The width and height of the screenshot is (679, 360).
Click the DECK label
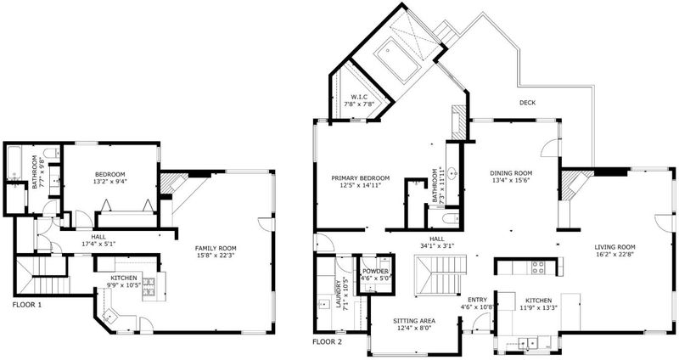click(x=527, y=103)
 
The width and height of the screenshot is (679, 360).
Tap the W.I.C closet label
click(x=359, y=97)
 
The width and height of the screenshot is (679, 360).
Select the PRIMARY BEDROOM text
click(x=360, y=178)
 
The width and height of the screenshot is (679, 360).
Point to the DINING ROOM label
click(x=511, y=173)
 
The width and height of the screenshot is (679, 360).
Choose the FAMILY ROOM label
click(x=216, y=248)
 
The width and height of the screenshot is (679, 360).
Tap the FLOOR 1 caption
click(x=27, y=305)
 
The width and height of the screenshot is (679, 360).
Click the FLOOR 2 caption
click(x=327, y=342)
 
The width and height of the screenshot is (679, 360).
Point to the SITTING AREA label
click(x=414, y=321)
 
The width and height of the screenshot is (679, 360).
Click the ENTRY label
click(x=477, y=300)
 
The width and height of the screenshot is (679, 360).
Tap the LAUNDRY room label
click(x=339, y=294)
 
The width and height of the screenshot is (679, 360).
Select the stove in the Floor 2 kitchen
click(x=538, y=267)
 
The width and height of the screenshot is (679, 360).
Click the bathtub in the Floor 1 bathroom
click(x=14, y=163)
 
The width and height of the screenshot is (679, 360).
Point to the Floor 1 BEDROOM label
click(x=110, y=175)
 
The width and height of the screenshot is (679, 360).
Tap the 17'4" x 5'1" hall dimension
click(x=98, y=244)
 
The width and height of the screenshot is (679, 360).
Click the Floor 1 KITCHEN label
click(x=124, y=278)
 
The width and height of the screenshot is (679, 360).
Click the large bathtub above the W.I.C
click(x=396, y=59)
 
